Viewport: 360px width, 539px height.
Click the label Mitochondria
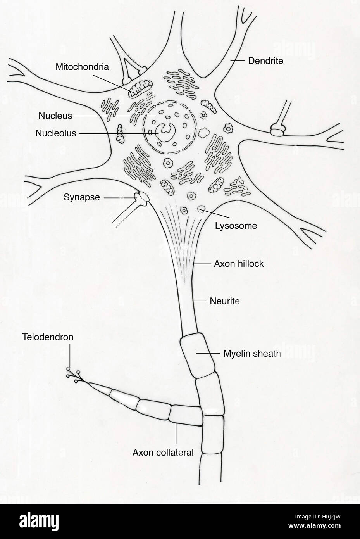[82, 67]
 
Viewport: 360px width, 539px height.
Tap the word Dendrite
[265, 61]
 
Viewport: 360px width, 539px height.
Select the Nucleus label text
[55, 116]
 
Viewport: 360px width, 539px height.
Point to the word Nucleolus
[56, 133]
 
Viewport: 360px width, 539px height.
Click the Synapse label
[82, 197]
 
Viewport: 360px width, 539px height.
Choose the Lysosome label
[236, 226]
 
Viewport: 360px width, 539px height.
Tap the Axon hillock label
[239, 264]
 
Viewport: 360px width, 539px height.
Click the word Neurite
[224, 301]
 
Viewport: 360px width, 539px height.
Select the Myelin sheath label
[252, 353]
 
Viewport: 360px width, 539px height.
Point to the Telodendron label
[48, 337]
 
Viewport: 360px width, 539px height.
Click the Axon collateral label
[163, 452]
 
